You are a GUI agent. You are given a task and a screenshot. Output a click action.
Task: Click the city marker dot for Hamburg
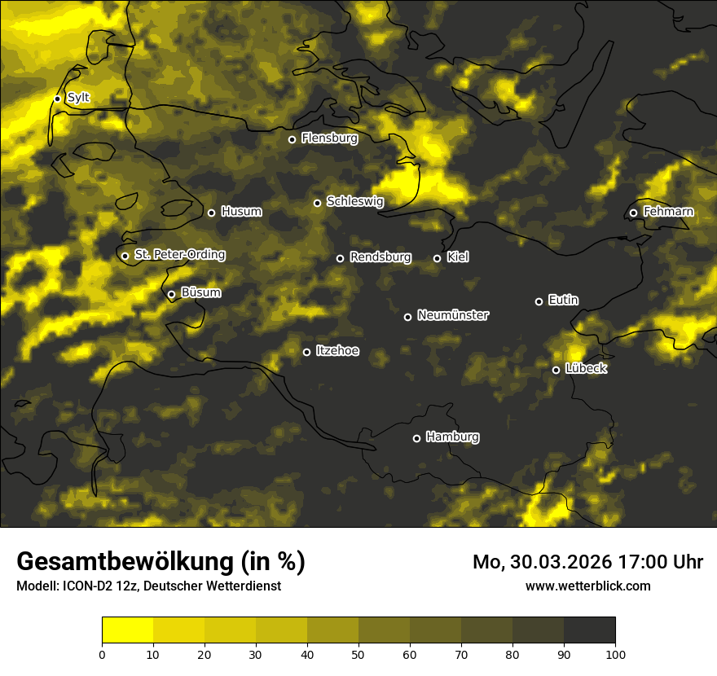(416, 438)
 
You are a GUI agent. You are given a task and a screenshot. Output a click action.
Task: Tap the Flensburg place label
(329, 138)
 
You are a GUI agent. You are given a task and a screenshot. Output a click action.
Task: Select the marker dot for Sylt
(57, 99)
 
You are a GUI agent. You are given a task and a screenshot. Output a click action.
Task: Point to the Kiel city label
(458, 257)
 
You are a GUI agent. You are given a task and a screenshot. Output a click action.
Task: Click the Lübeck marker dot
(556, 370)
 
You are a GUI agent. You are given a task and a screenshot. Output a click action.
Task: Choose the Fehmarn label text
(668, 212)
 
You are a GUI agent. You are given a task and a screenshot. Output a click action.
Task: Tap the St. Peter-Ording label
(179, 255)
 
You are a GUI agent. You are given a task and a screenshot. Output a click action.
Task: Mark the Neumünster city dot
(407, 317)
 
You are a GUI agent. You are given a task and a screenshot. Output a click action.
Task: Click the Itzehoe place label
(337, 351)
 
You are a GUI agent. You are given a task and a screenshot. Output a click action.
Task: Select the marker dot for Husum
(211, 213)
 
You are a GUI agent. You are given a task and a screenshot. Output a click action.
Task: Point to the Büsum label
(200, 292)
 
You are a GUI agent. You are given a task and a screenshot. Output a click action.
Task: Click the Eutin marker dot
(539, 301)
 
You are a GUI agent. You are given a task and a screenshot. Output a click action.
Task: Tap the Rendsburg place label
(380, 257)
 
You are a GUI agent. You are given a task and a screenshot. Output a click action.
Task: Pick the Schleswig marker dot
(317, 203)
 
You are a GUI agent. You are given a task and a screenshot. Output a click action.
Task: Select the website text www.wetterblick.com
(588, 586)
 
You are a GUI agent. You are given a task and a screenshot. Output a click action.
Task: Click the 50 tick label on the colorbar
(358, 654)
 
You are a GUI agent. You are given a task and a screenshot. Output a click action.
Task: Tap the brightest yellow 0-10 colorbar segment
(128, 630)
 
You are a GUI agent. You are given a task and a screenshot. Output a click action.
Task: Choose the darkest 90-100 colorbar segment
(589, 630)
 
